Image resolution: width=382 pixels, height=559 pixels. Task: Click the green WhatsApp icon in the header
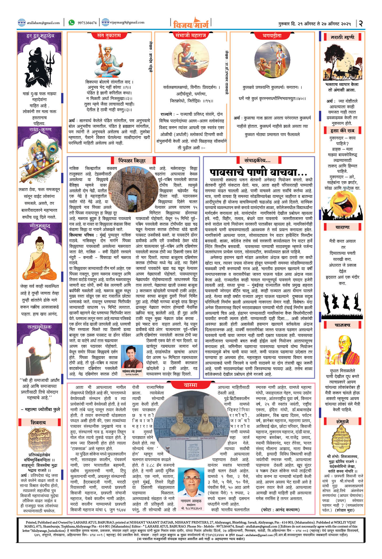(x=71, y=23)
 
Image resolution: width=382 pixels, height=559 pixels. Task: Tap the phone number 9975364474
(x=87, y=23)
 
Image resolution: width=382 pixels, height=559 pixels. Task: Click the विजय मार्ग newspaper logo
(x=190, y=23)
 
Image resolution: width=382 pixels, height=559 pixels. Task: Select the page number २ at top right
(x=361, y=23)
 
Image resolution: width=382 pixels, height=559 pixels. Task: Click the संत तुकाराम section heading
(x=109, y=35)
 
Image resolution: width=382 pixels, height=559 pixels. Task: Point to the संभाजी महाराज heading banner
(x=190, y=35)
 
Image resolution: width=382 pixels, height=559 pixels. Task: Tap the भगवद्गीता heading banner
(x=272, y=35)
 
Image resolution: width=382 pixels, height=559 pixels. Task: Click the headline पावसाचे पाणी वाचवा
(x=258, y=171)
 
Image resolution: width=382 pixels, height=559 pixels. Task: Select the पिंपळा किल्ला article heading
(x=132, y=161)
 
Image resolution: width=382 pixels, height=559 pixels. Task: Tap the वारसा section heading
(x=190, y=385)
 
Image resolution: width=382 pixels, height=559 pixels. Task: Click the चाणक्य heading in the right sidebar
(x=342, y=325)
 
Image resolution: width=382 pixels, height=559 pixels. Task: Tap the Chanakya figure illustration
(x=342, y=349)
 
